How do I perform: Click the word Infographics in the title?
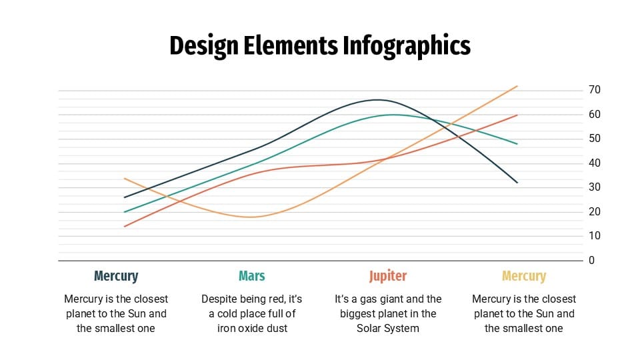pyautogui.click(x=407, y=45)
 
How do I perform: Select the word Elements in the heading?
pyautogui.click(x=296, y=45)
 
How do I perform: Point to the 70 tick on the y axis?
pyautogui.click(x=595, y=90)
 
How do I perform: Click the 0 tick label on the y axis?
pyautogui.click(x=591, y=261)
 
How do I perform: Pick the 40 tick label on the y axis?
pyautogui.click(x=595, y=163)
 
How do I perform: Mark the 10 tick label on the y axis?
pyautogui.click(x=595, y=236)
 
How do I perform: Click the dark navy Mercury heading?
pyautogui.click(x=116, y=276)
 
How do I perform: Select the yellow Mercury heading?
pyautogui.click(x=524, y=276)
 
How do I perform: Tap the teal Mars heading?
pyautogui.click(x=252, y=276)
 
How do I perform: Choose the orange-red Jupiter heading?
pyautogui.click(x=388, y=276)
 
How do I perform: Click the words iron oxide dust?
pyautogui.click(x=252, y=328)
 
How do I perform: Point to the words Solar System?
pyautogui.click(x=388, y=328)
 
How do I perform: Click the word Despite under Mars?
pyautogui.click(x=220, y=299)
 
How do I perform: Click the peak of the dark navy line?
pyautogui.click(x=377, y=100)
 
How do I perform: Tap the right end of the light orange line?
pyautogui.click(x=517, y=86)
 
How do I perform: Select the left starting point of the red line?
pyautogui.click(x=125, y=227)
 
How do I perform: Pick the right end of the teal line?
pyautogui.click(x=517, y=144)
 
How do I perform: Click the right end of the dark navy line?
pyautogui.click(x=517, y=183)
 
